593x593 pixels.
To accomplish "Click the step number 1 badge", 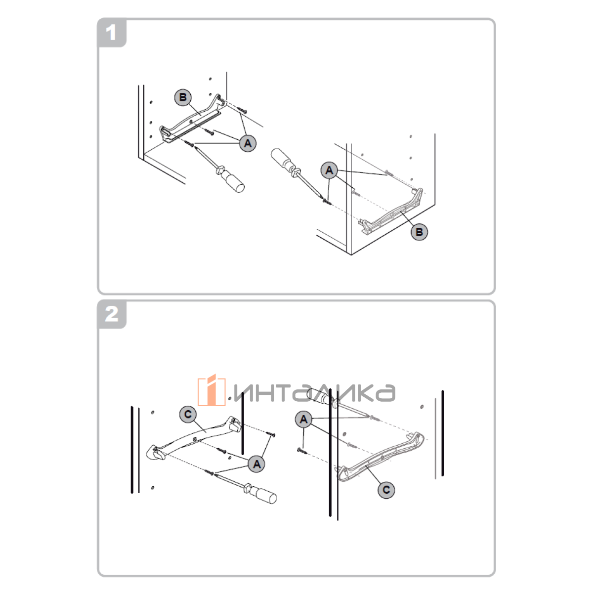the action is [x=112, y=33].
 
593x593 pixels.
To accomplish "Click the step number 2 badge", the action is [x=112, y=314].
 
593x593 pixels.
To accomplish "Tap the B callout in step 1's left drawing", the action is [x=183, y=97].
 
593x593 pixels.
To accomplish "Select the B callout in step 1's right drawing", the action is [x=419, y=232].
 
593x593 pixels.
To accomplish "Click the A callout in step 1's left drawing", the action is [x=248, y=143].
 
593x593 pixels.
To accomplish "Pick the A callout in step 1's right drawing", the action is [x=329, y=170].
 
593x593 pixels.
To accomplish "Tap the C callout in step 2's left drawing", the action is [x=188, y=415].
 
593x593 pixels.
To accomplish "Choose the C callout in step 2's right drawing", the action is [x=386, y=490].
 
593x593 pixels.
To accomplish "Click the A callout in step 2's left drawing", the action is [x=256, y=464].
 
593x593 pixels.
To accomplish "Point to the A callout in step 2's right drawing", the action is [x=304, y=419].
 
